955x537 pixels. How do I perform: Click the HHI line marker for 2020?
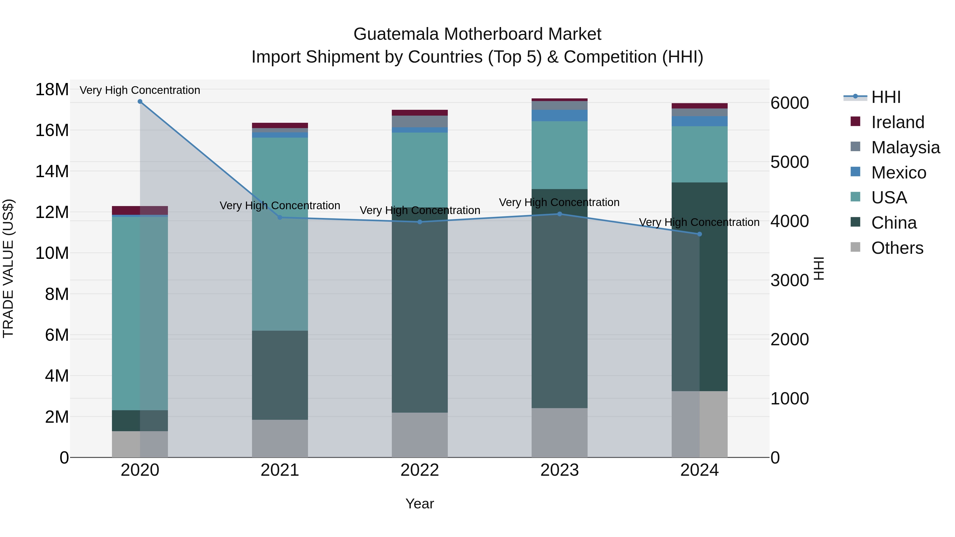click(140, 102)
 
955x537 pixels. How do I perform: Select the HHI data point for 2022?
click(420, 222)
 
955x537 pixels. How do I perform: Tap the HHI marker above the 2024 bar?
click(700, 234)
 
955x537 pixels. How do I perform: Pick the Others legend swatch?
click(855, 247)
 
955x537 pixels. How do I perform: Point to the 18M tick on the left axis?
click(52, 90)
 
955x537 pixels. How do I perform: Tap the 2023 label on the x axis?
click(559, 470)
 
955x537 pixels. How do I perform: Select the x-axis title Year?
click(419, 504)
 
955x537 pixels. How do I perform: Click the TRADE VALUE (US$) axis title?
click(8, 268)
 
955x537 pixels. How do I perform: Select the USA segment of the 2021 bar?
click(280, 233)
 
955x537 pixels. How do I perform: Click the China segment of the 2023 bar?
click(559, 298)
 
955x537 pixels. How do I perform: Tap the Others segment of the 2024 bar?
click(700, 424)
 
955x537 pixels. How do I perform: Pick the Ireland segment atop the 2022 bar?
click(420, 113)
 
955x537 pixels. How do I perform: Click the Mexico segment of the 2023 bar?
click(559, 116)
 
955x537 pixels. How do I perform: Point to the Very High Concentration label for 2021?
click(280, 205)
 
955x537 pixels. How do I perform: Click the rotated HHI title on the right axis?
click(819, 268)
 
